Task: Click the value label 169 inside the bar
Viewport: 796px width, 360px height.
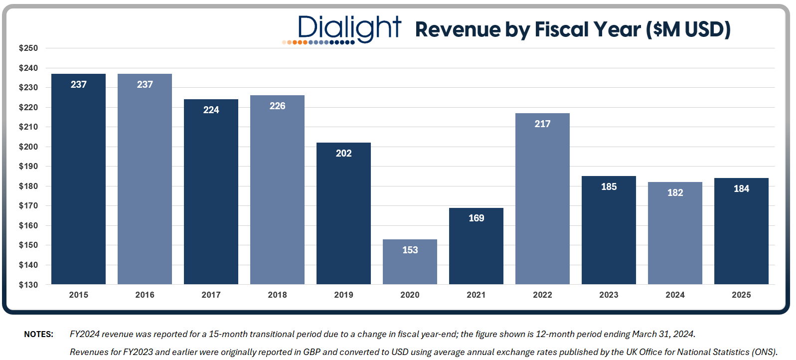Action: pyautogui.click(x=476, y=218)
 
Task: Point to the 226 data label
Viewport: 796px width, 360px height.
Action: pyautogui.click(x=277, y=106)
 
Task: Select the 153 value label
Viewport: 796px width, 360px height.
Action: pyautogui.click(x=410, y=250)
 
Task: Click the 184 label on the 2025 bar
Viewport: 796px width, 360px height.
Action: pyautogui.click(x=741, y=188)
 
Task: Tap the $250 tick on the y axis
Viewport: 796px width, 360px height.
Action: pyautogui.click(x=28, y=48)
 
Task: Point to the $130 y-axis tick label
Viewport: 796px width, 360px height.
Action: pyautogui.click(x=28, y=285)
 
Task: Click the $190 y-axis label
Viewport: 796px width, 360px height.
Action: pyautogui.click(x=28, y=166)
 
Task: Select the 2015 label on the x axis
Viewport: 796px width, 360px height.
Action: pyautogui.click(x=78, y=295)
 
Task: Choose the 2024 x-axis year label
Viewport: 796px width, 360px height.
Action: pyautogui.click(x=675, y=295)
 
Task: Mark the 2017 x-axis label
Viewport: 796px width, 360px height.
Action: pyautogui.click(x=211, y=295)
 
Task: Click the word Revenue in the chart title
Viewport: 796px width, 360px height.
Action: pyautogui.click(x=457, y=29)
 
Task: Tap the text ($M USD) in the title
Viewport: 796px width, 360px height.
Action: pyautogui.click(x=688, y=29)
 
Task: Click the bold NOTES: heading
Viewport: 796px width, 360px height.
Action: pyautogui.click(x=38, y=334)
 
